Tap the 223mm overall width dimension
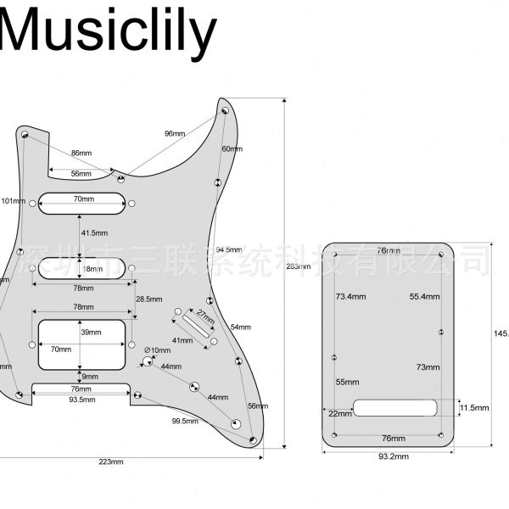[x=111, y=461]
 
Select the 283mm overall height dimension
[x=298, y=266]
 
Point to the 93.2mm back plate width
[x=392, y=456]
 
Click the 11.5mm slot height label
[x=475, y=408]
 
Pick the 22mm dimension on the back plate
[x=340, y=414]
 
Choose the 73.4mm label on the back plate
[x=350, y=297]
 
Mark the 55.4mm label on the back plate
[x=424, y=297]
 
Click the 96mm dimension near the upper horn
[x=175, y=133]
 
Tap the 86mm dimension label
[x=81, y=153]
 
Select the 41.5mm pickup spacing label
[x=94, y=232]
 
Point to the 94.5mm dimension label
[x=228, y=250]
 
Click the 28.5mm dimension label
[x=149, y=299]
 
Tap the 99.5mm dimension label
[x=184, y=421]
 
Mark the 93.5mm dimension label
[x=81, y=399]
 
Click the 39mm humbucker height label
[x=87, y=332]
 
